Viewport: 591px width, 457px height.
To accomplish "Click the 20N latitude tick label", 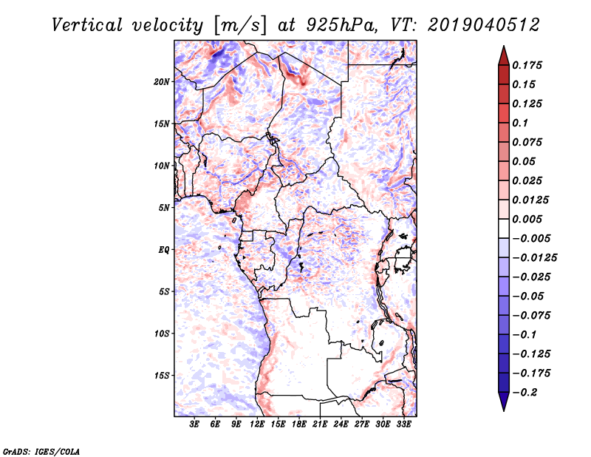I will tap(163, 81).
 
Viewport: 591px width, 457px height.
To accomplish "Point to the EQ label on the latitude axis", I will tap(164, 249).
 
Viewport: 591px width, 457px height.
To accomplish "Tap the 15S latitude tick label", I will tap(163, 375).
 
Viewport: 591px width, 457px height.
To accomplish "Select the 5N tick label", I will tap(165, 207).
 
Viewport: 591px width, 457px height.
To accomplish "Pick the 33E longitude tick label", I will tap(403, 424).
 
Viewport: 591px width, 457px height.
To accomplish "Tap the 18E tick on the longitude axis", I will tap(299, 424).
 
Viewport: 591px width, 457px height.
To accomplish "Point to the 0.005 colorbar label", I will tap(529, 219).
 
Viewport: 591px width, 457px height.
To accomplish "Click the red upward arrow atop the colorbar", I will tap(502, 54).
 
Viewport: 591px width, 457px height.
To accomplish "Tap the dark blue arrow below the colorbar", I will tap(502, 402).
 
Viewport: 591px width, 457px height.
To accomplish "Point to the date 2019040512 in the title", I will tap(474, 24).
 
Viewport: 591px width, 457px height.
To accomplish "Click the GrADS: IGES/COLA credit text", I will tap(31, 450).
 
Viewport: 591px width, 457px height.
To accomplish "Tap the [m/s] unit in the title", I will tap(237, 24).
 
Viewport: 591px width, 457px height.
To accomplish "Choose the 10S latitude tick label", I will tap(163, 334).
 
